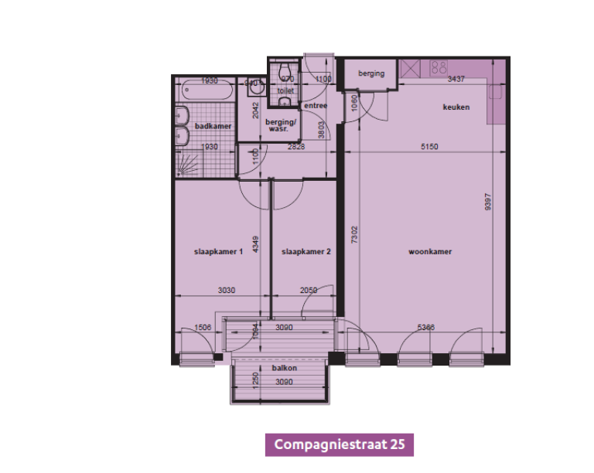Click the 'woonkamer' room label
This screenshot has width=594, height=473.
pos(430,252)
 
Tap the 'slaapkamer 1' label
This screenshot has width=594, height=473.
pos(219,252)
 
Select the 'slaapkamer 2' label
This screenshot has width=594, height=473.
pos(306,252)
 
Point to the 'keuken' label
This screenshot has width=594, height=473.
pos(456,107)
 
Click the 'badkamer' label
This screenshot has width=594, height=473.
pos(213,126)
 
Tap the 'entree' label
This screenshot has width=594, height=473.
pos(315,106)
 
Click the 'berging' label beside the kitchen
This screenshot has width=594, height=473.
pos(371,73)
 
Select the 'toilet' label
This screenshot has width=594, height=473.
pos(286,90)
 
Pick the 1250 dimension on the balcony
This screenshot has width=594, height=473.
pos(254,379)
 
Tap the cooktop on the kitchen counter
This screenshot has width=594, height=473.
pos(439,66)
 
